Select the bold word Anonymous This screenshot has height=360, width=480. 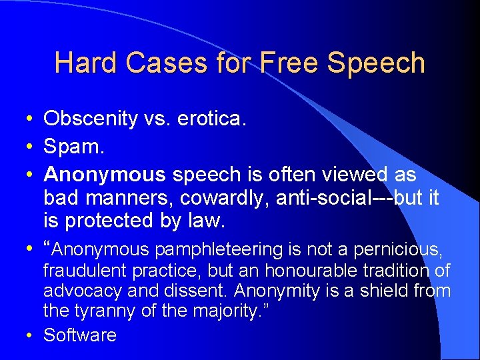pyautogui.click(x=104, y=175)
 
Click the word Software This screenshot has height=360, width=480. pyautogui.click(x=80, y=335)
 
